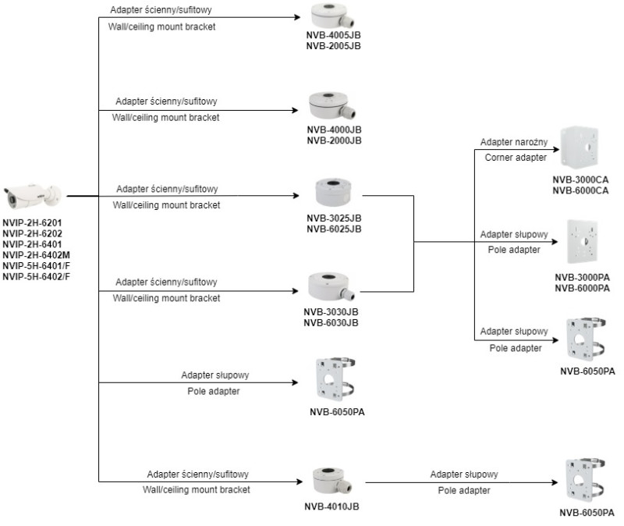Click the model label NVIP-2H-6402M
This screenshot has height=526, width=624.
click(x=37, y=254)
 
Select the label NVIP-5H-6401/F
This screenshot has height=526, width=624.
click(x=37, y=265)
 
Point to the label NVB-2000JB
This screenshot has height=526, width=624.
click(x=334, y=140)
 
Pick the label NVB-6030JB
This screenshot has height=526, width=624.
click(x=331, y=322)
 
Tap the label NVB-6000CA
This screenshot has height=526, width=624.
click(x=580, y=190)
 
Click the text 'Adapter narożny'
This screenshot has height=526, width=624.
click(x=514, y=143)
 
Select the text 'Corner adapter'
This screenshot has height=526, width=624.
click(x=515, y=158)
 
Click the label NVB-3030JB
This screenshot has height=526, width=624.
click(x=331, y=311)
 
